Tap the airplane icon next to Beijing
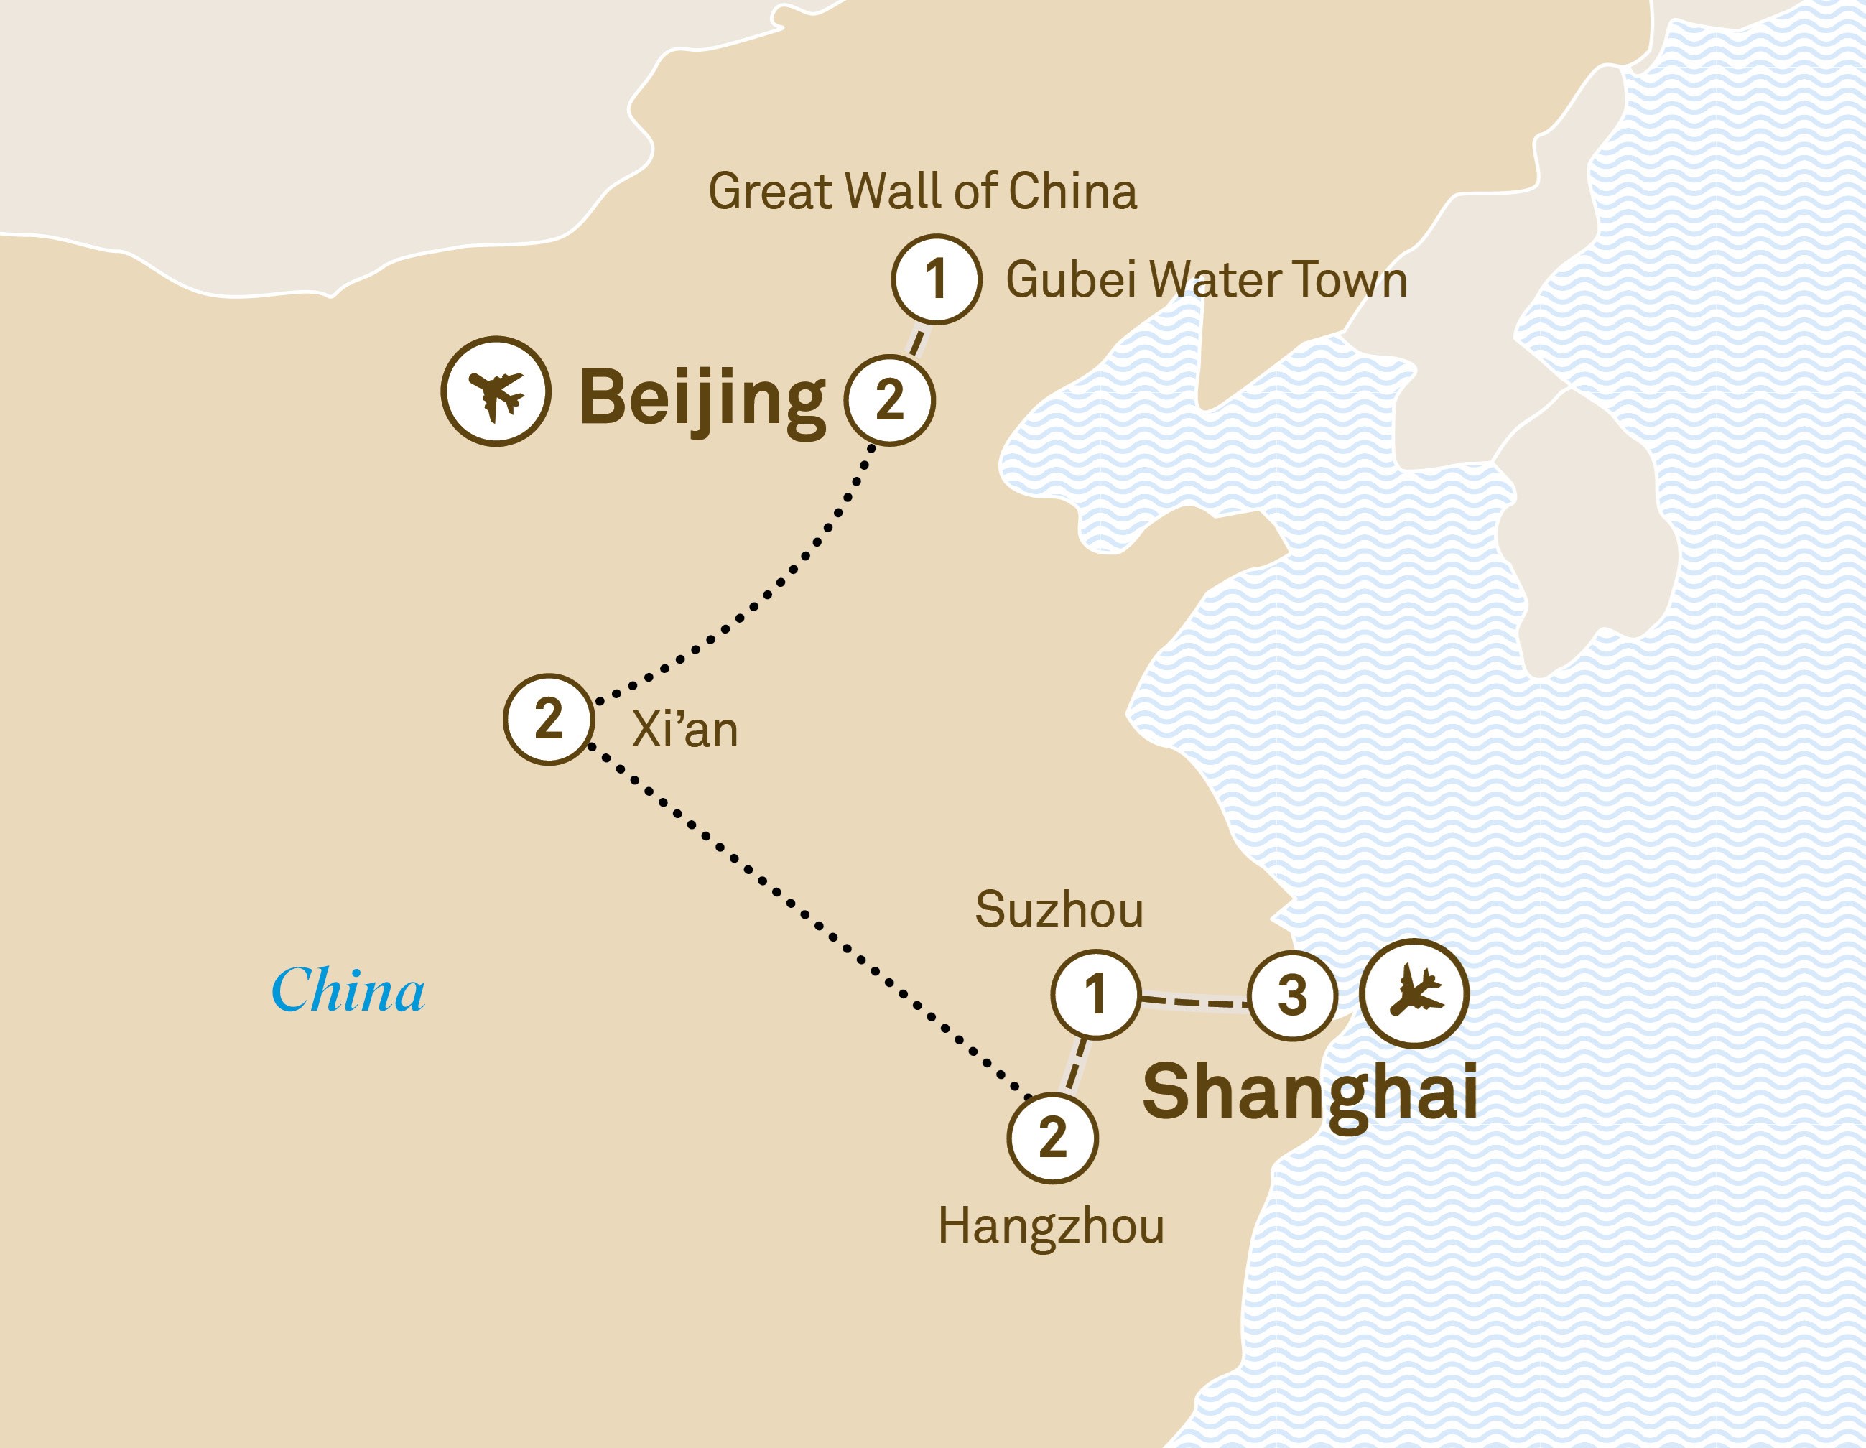(x=496, y=391)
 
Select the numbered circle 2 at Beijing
(x=889, y=400)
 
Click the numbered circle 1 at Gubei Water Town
(x=936, y=279)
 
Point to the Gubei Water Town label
(x=1205, y=280)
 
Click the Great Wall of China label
(x=923, y=191)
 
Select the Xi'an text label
(x=684, y=730)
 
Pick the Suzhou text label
(x=1059, y=910)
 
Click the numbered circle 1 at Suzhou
(x=1095, y=994)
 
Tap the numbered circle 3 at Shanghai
(x=1292, y=996)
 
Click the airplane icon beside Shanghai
(x=1414, y=993)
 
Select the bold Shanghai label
(x=1310, y=1092)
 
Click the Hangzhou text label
(x=1051, y=1227)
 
